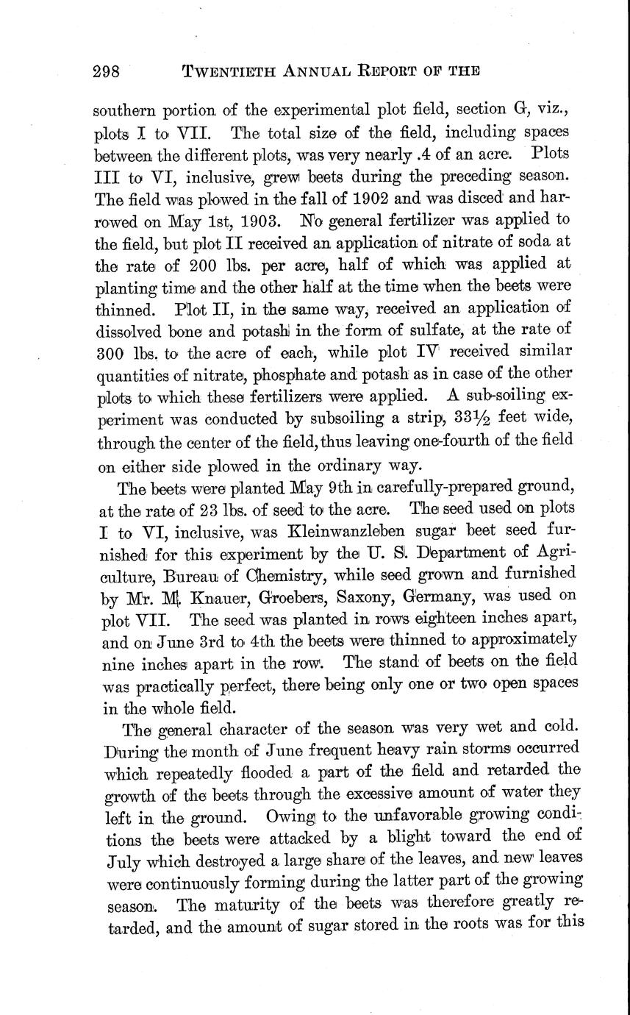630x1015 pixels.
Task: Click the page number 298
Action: click(110, 71)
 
